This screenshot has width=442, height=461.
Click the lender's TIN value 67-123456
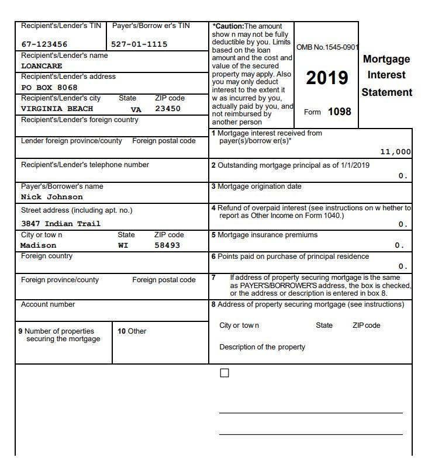click(x=44, y=44)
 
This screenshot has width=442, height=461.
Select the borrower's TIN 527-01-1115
click(x=139, y=44)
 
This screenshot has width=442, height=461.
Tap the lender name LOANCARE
click(x=42, y=66)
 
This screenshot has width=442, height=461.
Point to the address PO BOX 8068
click(x=49, y=88)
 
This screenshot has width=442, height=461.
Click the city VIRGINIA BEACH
click(x=57, y=109)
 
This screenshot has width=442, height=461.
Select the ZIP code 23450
click(x=168, y=109)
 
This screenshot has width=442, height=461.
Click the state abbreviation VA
click(x=136, y=109)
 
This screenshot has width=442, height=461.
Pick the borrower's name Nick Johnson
click(x=52, y=197)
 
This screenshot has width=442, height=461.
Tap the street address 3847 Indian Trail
click(x=61, y=224)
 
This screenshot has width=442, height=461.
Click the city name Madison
click(x=39, y=245)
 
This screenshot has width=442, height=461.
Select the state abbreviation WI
click(x=123, y=245)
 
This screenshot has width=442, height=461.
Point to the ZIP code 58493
click(x=167, y=245)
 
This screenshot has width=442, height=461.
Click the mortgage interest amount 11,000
click(x=395, y=152)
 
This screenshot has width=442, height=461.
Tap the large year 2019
click(x=327, y=78)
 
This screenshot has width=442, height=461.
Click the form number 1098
click(x=339, y=112)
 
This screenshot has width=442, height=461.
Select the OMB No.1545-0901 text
click(x=327, y=47)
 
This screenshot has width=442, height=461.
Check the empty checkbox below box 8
click(x=225, y=373)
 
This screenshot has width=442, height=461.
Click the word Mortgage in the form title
click(x=386, y=59)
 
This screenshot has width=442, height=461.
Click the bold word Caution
click(x=227, y=26)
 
